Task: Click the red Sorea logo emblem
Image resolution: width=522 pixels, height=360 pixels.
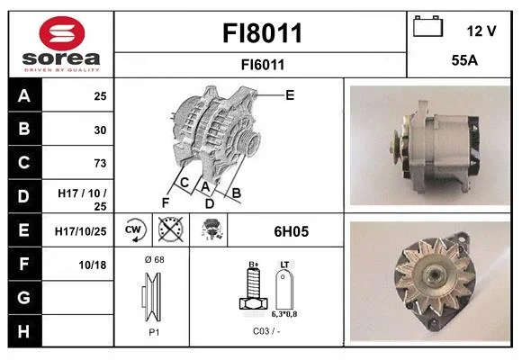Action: click(62, 33)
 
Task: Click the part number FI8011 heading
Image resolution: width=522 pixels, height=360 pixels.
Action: click(262, 33)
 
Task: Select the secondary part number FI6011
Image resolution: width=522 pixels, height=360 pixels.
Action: click(263, 65)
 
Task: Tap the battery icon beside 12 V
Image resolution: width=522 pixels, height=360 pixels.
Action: click(427, 26)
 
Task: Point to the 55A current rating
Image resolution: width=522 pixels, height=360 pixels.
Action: click(464, 60)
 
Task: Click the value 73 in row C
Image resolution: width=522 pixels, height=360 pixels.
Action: click(100, 163)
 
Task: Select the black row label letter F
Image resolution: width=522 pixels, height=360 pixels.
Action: click(24, 264)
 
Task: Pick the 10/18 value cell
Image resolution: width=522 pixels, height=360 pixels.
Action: click(92, 265)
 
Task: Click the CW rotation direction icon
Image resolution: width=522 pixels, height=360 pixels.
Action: click(133, 229)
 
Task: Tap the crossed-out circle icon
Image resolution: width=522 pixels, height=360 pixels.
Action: click(170, 229)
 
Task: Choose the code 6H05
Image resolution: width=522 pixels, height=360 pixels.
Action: click(292, 231)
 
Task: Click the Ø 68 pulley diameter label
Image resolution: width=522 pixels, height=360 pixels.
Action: click(155, 259)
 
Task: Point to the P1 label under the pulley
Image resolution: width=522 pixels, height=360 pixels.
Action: click(154, 332)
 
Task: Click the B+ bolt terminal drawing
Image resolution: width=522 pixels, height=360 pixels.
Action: click(253, 288)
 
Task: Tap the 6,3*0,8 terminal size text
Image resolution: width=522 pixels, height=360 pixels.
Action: click(284, 314)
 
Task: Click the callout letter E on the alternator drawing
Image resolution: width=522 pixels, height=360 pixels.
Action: click(290, 95)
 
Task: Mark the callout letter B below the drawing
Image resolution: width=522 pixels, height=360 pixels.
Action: click(237, 193)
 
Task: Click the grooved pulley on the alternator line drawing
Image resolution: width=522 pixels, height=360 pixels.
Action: click(248, 142)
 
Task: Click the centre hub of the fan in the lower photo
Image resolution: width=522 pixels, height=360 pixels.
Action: click(434, 274)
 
